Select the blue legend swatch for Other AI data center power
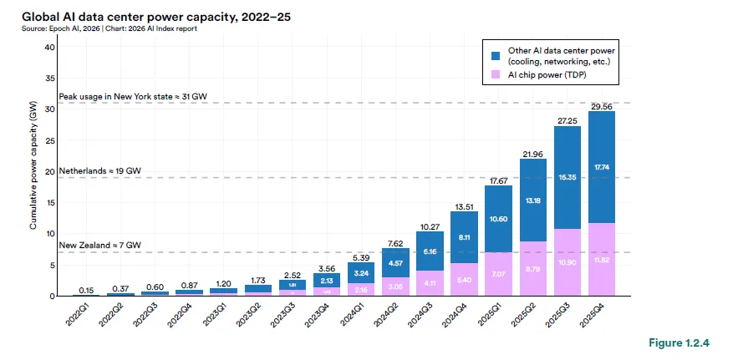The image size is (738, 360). [495, 55]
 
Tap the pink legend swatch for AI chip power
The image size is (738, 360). [495, 75]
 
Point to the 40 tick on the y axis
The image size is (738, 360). [50, 47]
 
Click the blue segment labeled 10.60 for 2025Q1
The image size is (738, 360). [499, 219]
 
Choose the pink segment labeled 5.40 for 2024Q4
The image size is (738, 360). [464, 279]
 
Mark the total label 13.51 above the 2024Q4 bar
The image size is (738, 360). [464, 205]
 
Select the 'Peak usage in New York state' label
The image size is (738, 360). [132, 97]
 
